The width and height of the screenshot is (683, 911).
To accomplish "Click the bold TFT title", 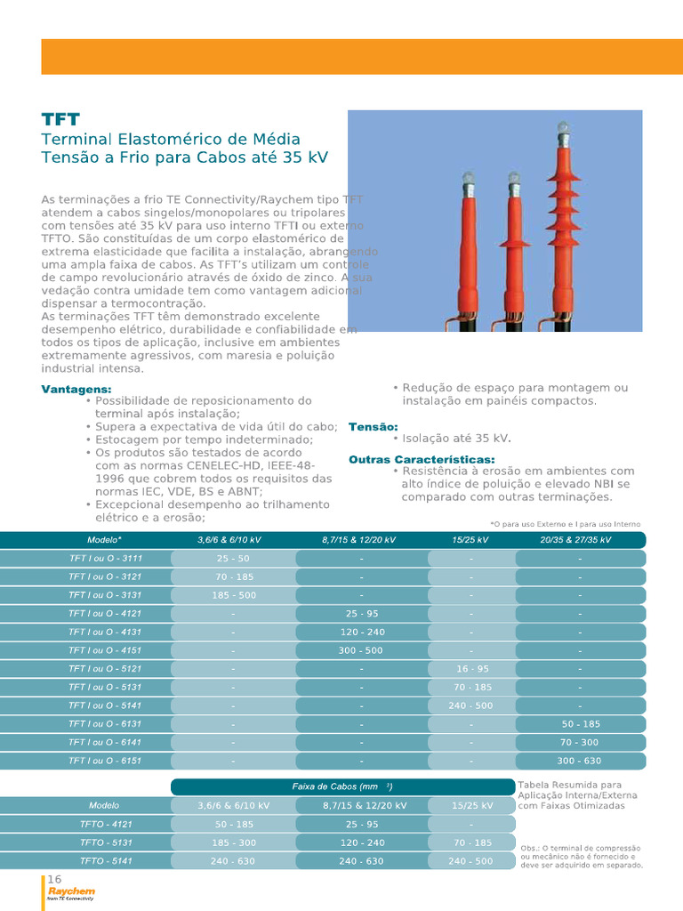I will [x=60, y=119].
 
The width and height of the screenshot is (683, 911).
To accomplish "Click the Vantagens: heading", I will [x=76, y=390].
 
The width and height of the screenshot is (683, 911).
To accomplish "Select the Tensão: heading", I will [x=373, y=427].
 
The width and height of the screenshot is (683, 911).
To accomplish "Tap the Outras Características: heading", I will [x=422, y=459].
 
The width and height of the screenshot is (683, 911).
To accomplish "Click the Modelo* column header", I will [x=105, y=540].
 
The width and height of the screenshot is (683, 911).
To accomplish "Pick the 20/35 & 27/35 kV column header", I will [x=575, y=540].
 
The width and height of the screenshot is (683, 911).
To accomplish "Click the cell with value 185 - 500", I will [x=233, y=595].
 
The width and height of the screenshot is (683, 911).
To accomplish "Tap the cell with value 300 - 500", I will [x=360, y=650].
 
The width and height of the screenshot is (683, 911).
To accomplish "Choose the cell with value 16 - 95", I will [x=471, y=669].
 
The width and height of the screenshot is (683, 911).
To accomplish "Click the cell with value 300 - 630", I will [x=579, y=761].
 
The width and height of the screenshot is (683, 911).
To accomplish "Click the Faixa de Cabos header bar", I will [x=342, y=786].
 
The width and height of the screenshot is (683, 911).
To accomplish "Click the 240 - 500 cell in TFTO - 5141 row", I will [x=470, y=861].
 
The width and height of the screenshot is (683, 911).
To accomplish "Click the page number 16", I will [x=54, y=879].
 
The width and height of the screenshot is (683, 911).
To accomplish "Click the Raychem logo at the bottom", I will [x=71, y=893].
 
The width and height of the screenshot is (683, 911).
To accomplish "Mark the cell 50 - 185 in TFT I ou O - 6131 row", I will [x=579, y=724].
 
